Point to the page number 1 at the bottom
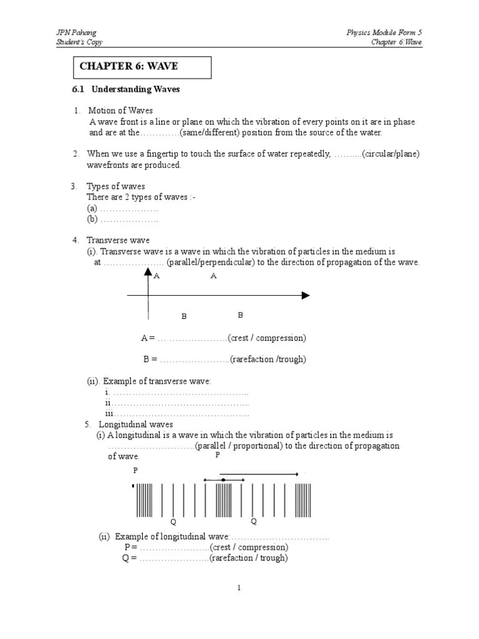pyautogui.click(x=239, y=588)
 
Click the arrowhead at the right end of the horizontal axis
pyautogui.click(x=306, y=295)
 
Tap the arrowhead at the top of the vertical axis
pyautogui.click(x=148, y=272)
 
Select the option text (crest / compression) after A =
pyautogui.click(x=267, y=338)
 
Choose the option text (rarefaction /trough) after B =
pyautogui.click(x=268, y=359)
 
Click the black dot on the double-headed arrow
pyautogui.click(x=223, y=479)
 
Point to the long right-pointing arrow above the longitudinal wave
pyautogui.click(x=259, y=474)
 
